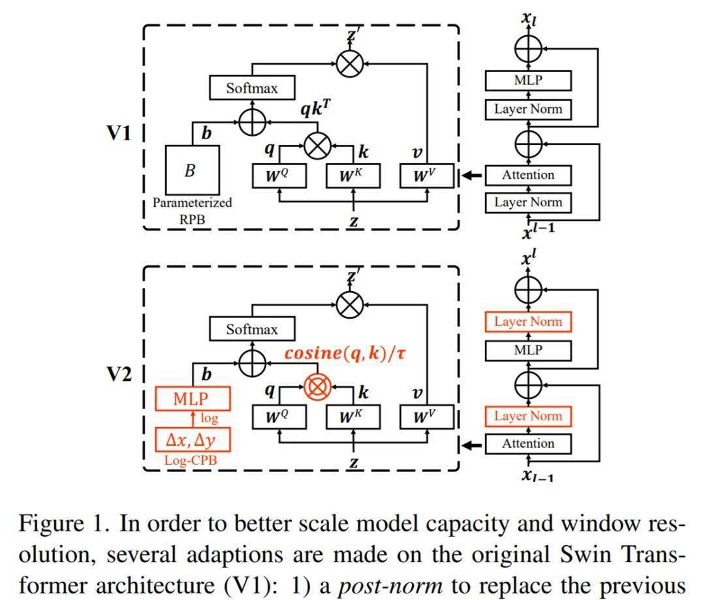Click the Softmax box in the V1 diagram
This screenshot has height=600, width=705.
252,88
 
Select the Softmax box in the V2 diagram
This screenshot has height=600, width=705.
252,329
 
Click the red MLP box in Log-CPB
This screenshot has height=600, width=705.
193,399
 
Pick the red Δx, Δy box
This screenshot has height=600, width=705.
193,439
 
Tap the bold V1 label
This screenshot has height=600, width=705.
119,134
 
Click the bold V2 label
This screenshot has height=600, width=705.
119,375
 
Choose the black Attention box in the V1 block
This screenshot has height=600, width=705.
528,175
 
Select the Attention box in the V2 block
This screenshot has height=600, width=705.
528,443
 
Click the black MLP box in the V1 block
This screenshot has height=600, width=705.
528,81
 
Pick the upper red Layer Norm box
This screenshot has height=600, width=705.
528,322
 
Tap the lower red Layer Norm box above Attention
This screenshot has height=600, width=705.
528,416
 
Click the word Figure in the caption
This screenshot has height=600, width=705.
52,524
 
